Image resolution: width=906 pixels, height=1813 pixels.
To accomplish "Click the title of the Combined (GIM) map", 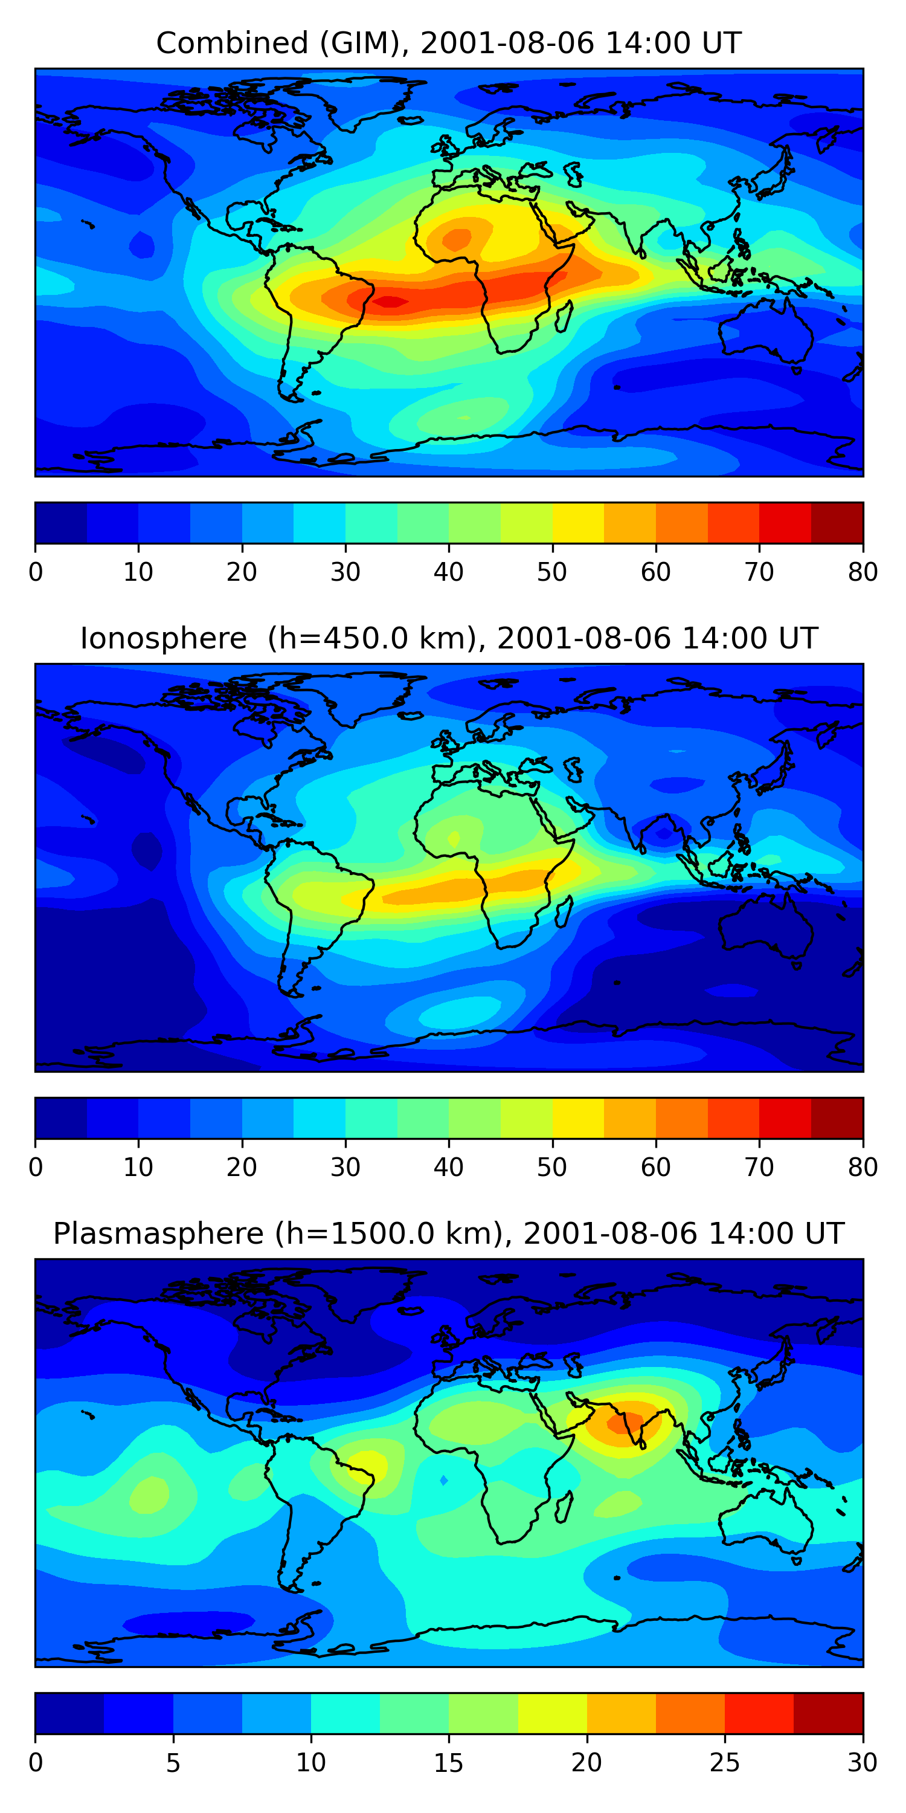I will click(449, 43).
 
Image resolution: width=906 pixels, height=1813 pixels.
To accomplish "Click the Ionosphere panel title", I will click(449, 638).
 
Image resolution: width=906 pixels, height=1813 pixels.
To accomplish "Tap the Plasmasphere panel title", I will click(449, 1234).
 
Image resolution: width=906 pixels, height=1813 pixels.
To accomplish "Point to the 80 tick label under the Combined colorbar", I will click(863, 572).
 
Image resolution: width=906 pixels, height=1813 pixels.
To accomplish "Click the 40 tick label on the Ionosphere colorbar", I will click(448, 1168).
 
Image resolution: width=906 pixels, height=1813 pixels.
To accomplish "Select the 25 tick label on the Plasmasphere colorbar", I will click(725, 1763).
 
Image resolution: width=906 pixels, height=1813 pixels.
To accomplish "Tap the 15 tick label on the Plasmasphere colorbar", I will click(448, 1763).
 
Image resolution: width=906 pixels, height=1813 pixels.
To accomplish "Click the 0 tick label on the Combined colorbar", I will click(36, 572).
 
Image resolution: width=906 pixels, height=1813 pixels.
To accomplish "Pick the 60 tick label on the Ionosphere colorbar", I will click(655, 1168).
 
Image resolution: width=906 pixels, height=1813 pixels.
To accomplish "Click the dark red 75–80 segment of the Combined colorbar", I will click(837, 523).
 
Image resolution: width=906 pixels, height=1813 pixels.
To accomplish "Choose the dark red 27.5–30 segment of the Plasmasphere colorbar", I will click(828, 1714).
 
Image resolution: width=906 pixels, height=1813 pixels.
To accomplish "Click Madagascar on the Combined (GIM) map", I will click(563, 317).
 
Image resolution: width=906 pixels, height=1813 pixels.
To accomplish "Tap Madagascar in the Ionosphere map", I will click(563, 912).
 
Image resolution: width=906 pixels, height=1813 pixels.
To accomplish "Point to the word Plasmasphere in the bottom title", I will click(158, 1234).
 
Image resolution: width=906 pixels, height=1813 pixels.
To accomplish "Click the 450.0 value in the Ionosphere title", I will click(367, 638).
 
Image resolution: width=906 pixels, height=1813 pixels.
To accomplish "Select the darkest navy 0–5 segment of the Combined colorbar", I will click(61, 523).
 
